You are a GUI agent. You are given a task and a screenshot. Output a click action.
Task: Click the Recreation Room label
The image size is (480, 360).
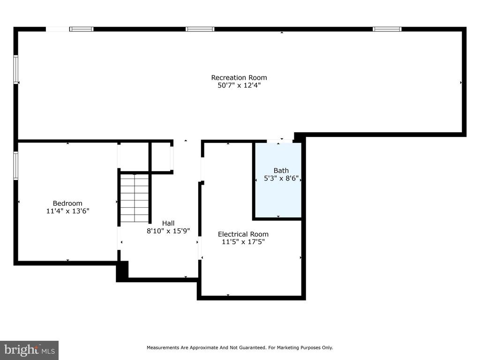239,77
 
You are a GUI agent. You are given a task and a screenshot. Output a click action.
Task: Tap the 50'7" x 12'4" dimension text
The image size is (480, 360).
239,85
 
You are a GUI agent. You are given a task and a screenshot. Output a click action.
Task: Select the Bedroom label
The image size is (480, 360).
67,203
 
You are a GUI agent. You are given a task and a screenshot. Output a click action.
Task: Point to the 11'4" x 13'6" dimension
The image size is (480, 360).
67,211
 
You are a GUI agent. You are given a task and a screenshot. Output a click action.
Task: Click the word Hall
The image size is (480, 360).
168,223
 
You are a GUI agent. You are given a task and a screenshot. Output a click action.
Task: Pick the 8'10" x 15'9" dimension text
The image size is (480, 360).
168,231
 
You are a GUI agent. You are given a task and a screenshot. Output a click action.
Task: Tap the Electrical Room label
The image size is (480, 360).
243,234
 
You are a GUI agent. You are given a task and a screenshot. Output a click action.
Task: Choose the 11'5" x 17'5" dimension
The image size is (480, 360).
243,242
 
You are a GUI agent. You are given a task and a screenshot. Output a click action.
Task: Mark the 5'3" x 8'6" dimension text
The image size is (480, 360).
281,178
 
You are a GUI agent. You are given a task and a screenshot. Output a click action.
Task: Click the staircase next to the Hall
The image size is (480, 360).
135,198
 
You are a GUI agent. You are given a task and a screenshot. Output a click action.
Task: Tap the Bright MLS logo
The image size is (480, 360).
29,350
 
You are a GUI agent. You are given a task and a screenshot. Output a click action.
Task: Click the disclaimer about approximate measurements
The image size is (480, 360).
240,347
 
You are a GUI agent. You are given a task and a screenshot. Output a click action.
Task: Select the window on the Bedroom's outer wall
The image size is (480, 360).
15,165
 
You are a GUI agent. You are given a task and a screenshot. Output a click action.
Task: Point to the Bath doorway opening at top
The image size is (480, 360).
279,141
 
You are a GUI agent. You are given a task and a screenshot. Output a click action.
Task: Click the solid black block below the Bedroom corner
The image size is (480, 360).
122,270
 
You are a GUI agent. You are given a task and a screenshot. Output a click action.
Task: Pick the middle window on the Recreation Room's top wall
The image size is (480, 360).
200,29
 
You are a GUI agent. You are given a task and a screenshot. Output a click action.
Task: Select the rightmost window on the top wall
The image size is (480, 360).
387,29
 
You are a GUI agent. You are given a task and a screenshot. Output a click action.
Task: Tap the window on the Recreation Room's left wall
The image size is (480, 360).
15,69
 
